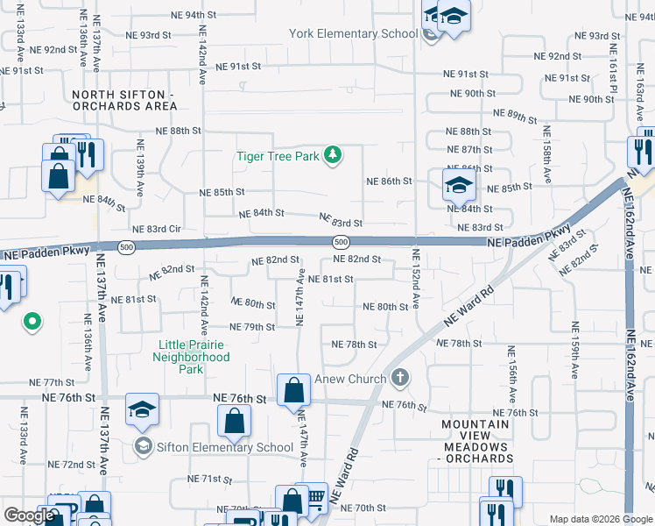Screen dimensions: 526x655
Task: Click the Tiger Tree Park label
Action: point(278,157)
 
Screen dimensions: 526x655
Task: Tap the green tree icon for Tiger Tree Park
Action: point(332,156)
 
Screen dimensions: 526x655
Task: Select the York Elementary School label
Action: point(354,34)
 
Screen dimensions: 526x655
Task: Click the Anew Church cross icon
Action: point(400,378)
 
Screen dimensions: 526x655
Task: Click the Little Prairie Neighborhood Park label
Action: point(191,357)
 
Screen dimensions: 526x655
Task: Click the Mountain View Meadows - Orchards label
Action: point(475,442)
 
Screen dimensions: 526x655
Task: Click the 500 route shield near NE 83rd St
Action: point(341,241)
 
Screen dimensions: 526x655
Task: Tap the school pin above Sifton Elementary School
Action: point(142,411)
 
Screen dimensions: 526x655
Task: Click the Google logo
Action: point(30,515)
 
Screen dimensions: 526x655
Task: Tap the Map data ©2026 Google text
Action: point(600,519)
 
